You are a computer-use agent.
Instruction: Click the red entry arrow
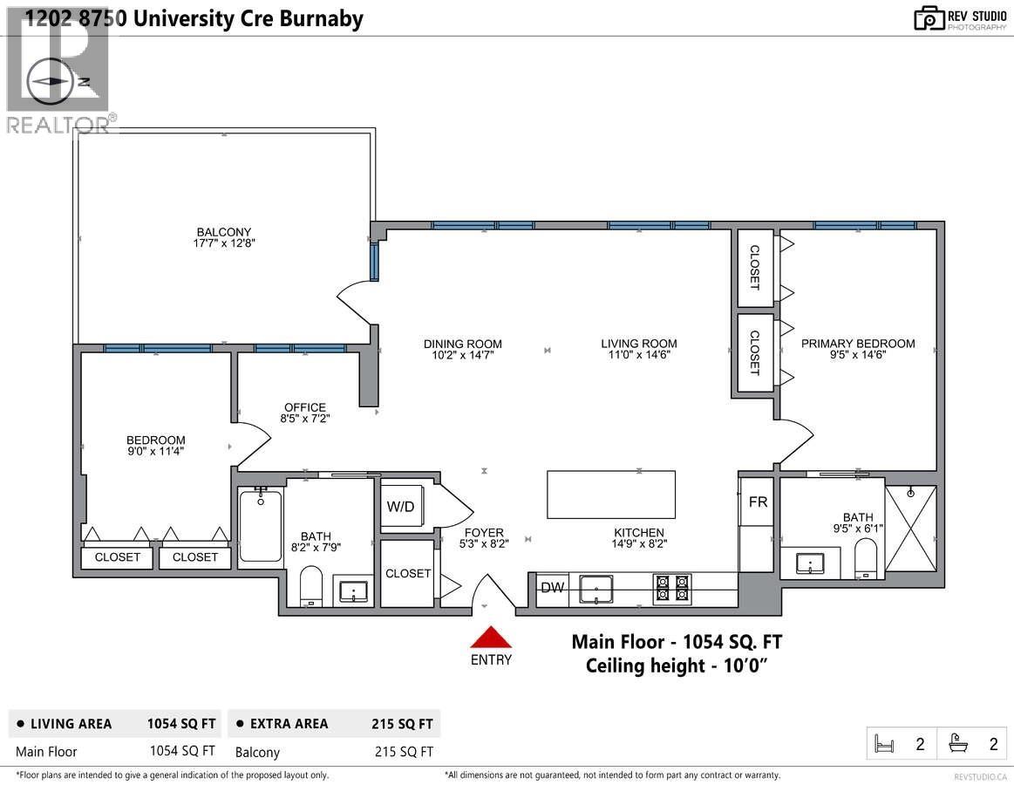[491, 637]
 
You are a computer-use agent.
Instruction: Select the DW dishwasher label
[551, 588]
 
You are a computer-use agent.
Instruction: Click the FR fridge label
[758, 502]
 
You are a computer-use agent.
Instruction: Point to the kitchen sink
[595, 589]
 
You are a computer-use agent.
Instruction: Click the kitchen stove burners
[672, 589]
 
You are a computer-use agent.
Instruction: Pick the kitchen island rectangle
[610, 495]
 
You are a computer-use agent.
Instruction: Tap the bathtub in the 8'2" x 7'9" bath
[260, 526]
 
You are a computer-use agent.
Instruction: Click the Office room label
[304, 407]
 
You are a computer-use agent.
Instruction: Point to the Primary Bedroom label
[858, 344]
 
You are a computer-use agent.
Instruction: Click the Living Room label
[638, 344]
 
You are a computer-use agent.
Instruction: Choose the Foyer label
[483, 533]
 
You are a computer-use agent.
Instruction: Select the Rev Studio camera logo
[929, 17]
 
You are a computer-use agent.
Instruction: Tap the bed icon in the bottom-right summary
[884, 744]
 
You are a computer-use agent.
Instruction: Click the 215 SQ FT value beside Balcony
[402, 752]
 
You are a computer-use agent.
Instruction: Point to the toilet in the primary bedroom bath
[866, 559]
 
